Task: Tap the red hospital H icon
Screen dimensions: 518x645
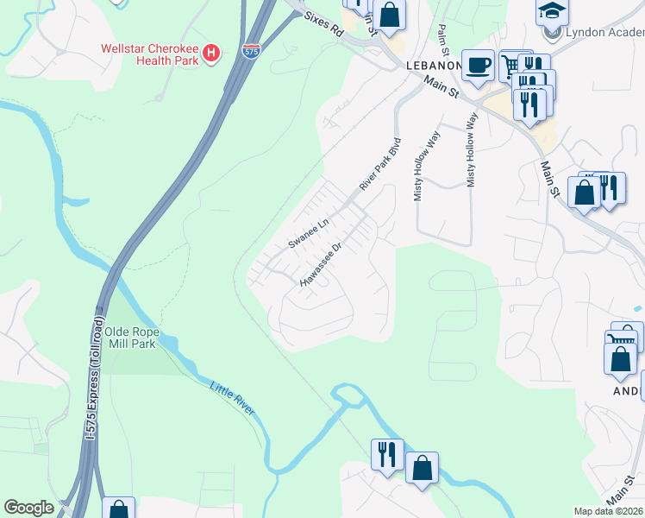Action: [211, 54]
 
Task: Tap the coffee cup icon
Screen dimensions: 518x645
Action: [477, 65]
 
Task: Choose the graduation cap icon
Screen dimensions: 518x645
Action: [552, 10]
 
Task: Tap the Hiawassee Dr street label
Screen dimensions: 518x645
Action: [322, 264]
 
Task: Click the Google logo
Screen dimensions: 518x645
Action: [28, 508]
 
